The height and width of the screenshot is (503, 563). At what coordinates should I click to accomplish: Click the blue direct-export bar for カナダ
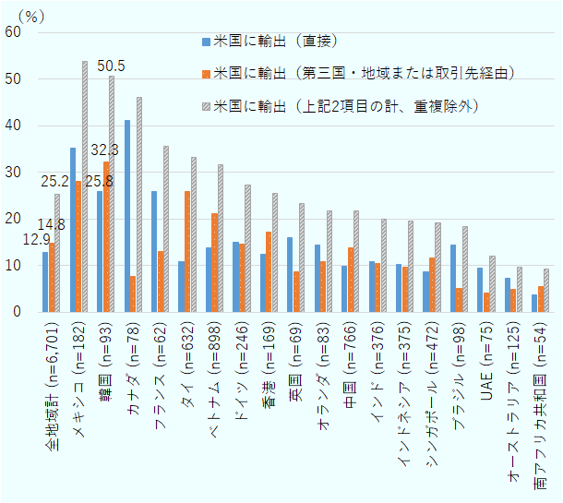point(127,216)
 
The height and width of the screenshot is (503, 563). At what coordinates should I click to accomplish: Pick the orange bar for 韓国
point(106,236)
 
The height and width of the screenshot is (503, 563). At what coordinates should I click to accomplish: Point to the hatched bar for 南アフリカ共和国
point(546,290)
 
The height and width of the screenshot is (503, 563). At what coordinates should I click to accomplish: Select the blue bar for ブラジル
point(452,278)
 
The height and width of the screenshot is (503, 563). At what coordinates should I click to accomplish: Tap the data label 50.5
point(112,66)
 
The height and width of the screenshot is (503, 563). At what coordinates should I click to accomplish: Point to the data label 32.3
point(104,150)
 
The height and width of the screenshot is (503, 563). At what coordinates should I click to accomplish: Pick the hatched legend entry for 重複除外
point(346,105)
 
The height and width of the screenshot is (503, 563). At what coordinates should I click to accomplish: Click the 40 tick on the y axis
point(13,126)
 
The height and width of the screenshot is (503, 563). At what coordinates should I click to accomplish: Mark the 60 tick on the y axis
point(13,32)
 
